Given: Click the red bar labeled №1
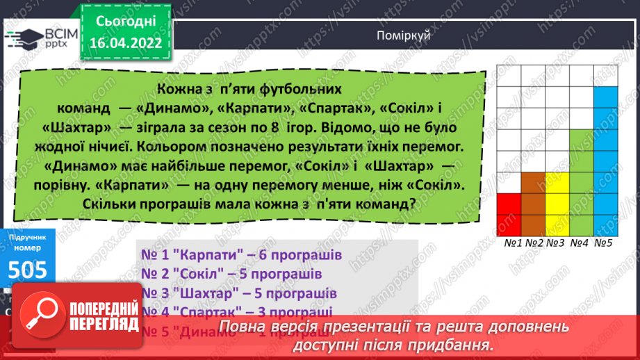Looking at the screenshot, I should [x=509, y=214].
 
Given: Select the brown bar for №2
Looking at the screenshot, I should [x=533, y=204].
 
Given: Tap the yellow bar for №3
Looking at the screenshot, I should [x=557, y=204].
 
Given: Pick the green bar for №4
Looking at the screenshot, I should [x=581, y=182].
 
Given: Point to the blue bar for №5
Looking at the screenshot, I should [x=605, y=161].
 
